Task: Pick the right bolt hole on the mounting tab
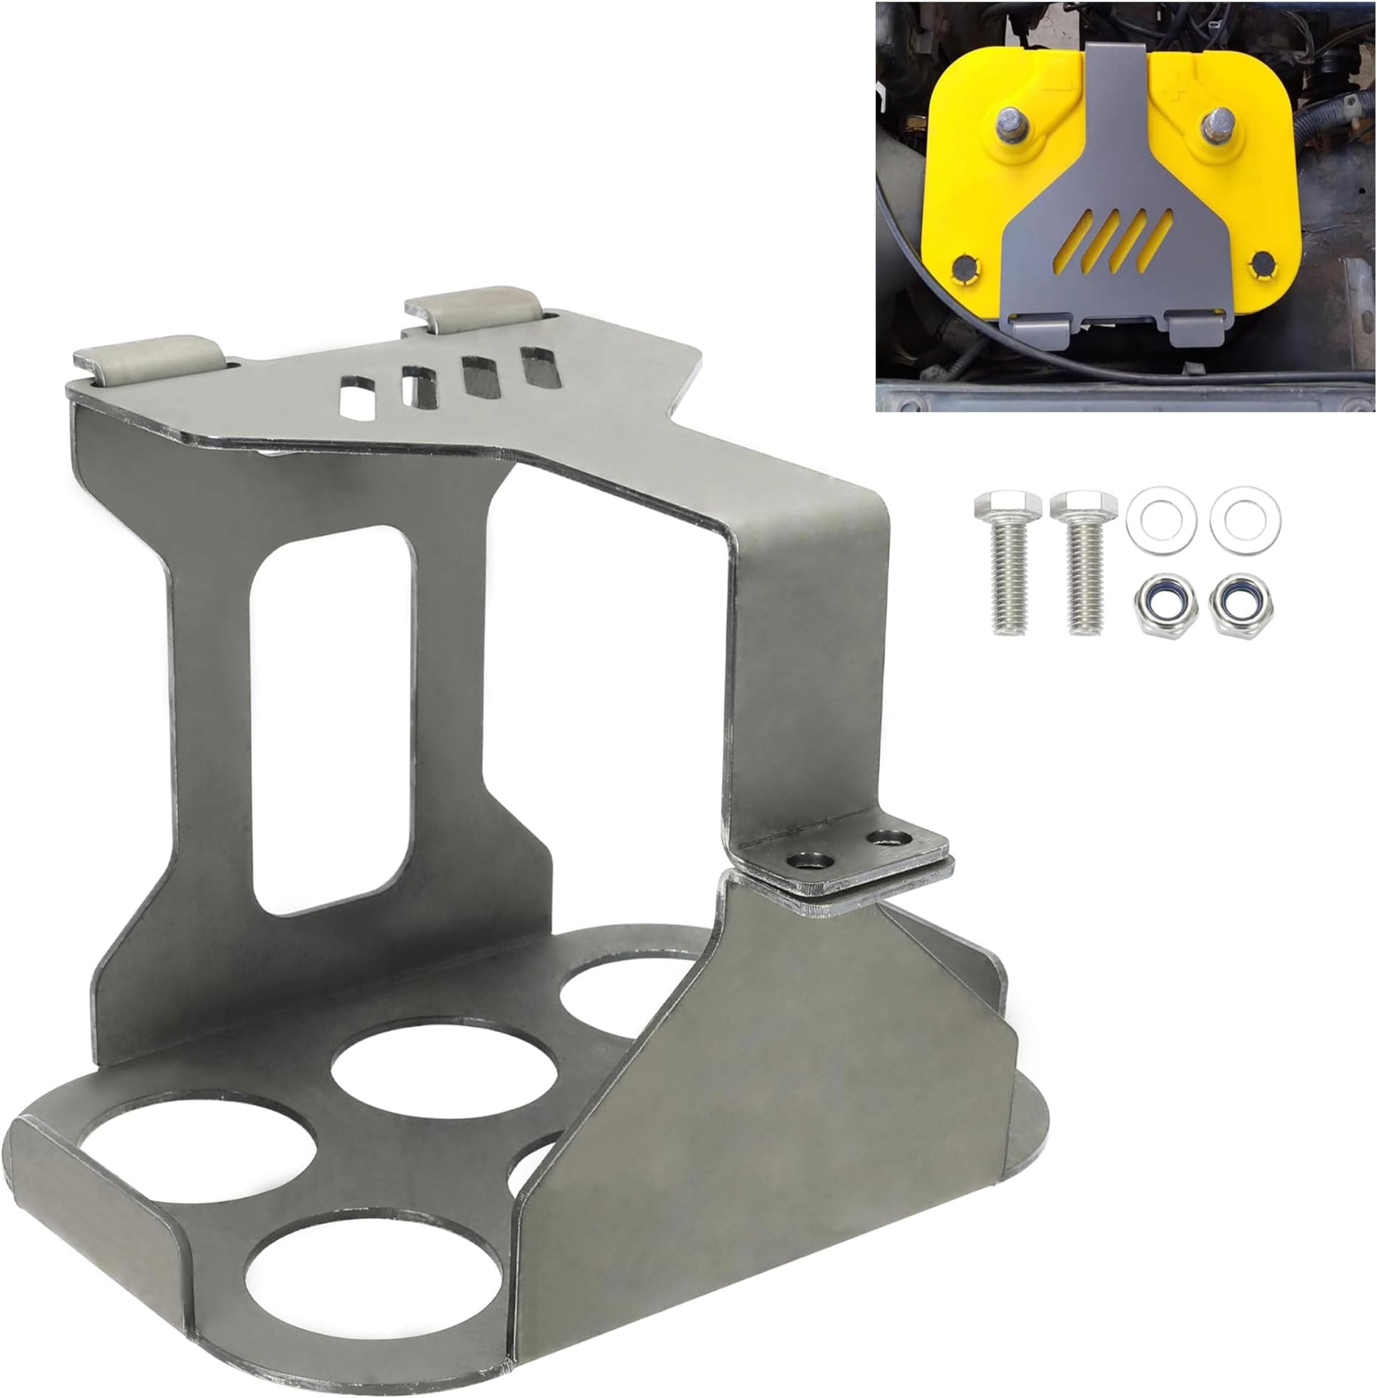[889, 838]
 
